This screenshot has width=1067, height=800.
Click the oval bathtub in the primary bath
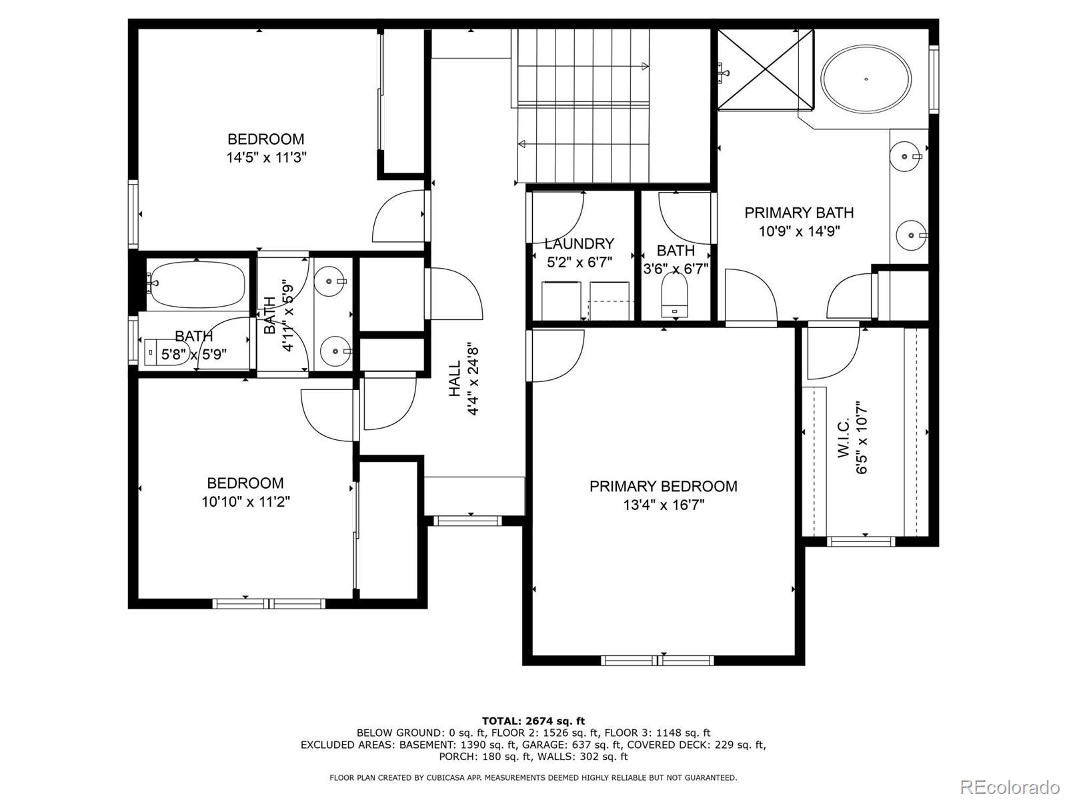click(866, 79)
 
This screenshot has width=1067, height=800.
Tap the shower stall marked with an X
click(766, 69)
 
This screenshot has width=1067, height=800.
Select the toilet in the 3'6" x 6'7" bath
click(675, 295)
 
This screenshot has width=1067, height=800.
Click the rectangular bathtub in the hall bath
click(197, 285)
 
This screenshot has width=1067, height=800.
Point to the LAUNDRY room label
click(579, 243)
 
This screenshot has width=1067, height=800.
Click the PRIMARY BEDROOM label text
click(663, 486)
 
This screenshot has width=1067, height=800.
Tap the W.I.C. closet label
click(844, 437)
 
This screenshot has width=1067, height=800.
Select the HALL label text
click(455, 379)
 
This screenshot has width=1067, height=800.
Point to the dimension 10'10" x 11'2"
click(246, 502)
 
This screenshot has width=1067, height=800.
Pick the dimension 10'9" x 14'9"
click(800, 231)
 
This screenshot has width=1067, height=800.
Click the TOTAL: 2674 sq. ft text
click(533, 721)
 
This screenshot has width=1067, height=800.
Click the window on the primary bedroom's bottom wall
click(658, 660)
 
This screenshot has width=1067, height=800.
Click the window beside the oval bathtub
click(934, 79)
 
